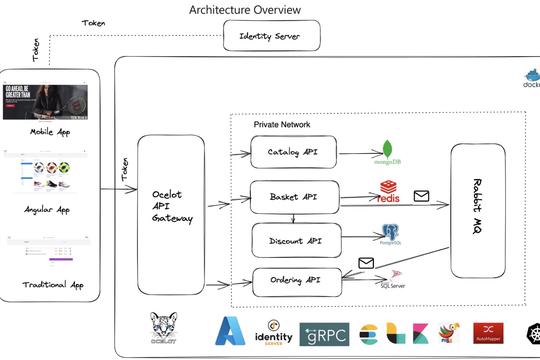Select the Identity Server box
point(272,37)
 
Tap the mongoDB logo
point(385,152)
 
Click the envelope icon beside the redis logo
point(421,196)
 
